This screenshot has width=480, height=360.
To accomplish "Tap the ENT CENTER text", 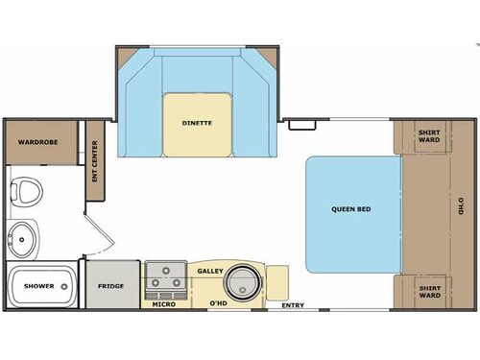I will [x=95, y=161].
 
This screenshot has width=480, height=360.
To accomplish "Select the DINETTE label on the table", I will [x=197, y=123].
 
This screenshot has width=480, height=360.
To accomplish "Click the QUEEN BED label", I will [x=351, y=209].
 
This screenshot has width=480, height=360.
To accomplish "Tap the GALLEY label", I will [x=210, y=272].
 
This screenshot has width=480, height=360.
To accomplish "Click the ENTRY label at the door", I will [x=292, y=306].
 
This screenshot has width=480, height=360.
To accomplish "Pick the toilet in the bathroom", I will [x=26, y=190].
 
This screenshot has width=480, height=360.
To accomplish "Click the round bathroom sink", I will [x=23, y=233].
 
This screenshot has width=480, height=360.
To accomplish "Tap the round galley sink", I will [x=243, y=285].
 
